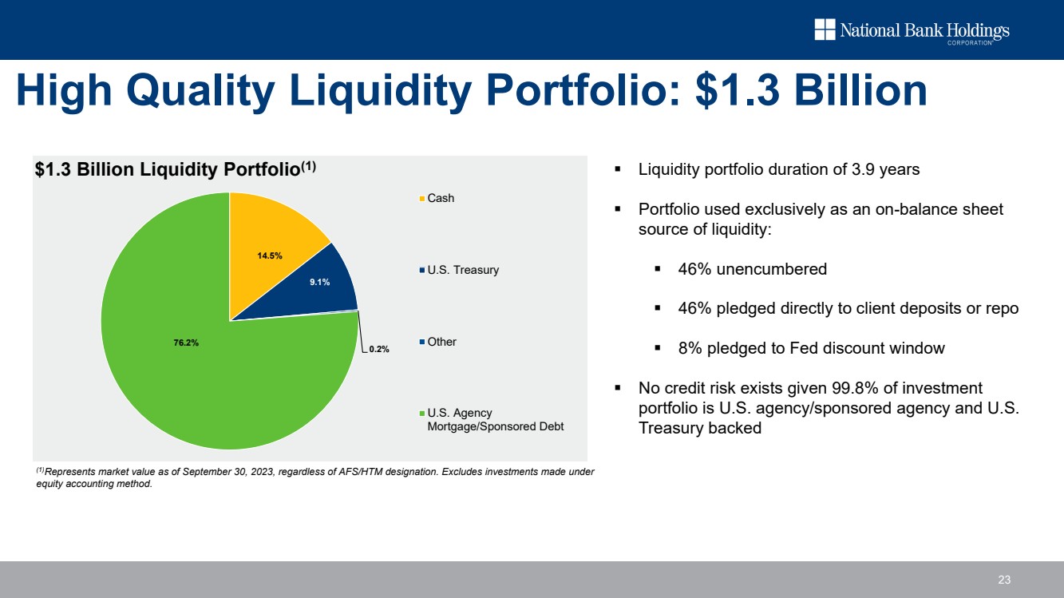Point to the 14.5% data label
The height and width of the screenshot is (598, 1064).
(x=270, y=255)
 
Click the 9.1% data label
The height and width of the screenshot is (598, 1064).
(x=320, y=282)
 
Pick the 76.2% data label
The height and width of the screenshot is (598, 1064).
(x=186, y=343)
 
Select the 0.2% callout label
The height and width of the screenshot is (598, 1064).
(x=379, y=350)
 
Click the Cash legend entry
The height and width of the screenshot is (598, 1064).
(x=440, y=198)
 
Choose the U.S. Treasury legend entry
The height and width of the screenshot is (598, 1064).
(x=462, y=270)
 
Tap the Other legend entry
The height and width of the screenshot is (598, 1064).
(x=441, y=342)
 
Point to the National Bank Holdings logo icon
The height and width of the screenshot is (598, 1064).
(x=825, y=30)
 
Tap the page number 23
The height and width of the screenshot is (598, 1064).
(x=1004, y=580)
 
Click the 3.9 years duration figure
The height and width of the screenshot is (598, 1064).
(x=895, y=170)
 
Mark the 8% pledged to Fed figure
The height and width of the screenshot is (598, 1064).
(x=690, y=348)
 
